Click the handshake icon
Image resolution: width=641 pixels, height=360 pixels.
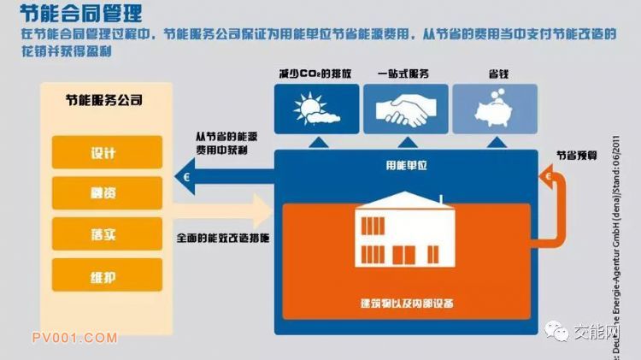405,109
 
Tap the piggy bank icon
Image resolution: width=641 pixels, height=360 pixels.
495,109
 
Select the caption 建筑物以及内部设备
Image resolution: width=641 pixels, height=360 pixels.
404,304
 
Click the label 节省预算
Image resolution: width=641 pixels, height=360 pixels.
577,156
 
